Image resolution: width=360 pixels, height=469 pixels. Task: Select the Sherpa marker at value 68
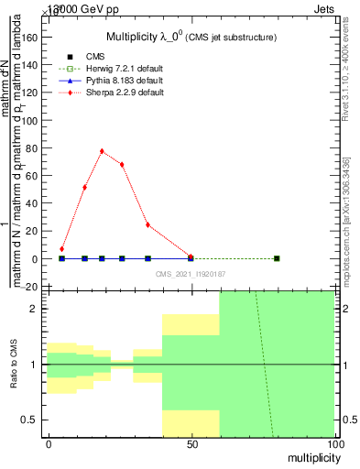tap(122, 165)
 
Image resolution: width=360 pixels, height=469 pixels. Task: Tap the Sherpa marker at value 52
tap(84, 187)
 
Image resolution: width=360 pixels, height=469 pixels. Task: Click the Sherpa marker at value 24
tap(147, 225)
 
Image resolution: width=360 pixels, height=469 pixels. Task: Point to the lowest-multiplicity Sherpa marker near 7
tap(61, 249)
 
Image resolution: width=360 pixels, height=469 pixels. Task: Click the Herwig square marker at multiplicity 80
tap(277, 258)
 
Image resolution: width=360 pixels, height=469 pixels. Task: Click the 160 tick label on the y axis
tap(28, 38)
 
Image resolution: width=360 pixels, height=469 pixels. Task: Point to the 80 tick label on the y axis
tap(31, 148)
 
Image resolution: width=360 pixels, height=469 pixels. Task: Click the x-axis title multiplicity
tap(313, 457)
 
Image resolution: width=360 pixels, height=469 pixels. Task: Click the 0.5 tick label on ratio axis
tap(27, 420)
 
